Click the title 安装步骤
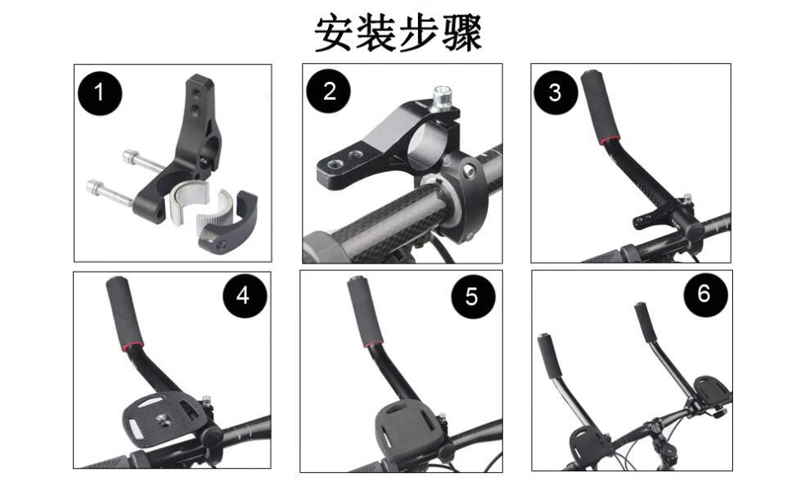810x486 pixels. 398,33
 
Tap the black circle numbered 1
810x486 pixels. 100,93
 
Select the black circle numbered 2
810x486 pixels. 329,92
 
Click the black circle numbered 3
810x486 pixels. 556,92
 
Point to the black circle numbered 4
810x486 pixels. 245,296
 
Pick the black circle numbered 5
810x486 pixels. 473,296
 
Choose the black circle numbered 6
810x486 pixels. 705,294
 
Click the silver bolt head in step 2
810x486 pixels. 443,97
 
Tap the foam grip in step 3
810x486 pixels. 599,107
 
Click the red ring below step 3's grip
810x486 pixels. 610,141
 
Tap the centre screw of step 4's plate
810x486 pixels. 162,417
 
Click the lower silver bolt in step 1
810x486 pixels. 110,193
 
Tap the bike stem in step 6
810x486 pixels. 659,442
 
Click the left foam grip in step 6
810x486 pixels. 546,357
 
